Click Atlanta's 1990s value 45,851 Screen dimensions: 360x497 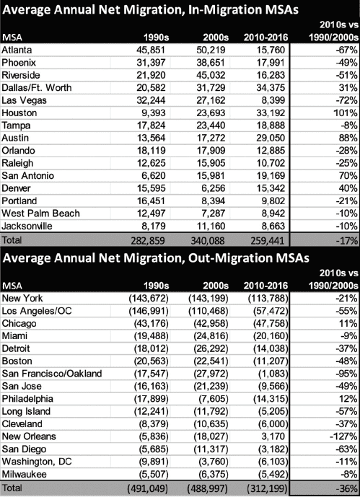point(151,50)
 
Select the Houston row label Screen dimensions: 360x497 point(19,113)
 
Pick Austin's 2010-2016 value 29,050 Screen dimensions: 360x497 point(271,138)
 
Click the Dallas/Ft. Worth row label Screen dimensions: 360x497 point(37,88)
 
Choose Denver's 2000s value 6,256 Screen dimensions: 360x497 point(214,188)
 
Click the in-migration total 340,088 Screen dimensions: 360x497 point(208,241)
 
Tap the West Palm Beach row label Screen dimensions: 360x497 point(40,214)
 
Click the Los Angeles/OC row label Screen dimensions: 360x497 point(37,311)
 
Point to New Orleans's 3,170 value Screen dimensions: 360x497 point(273,436)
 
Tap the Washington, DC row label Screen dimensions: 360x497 point(37,462)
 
